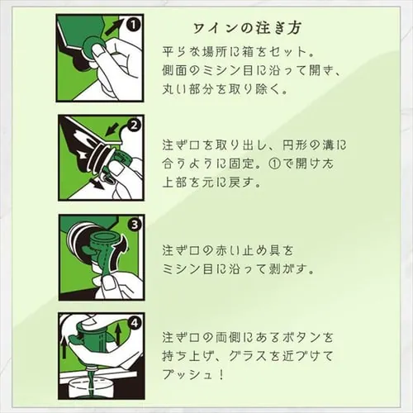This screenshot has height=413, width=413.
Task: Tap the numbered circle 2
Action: coord(133,126)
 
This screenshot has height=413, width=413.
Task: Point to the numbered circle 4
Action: coord(133,324)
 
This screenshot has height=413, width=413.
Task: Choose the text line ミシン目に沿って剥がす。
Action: coord(240,269)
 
